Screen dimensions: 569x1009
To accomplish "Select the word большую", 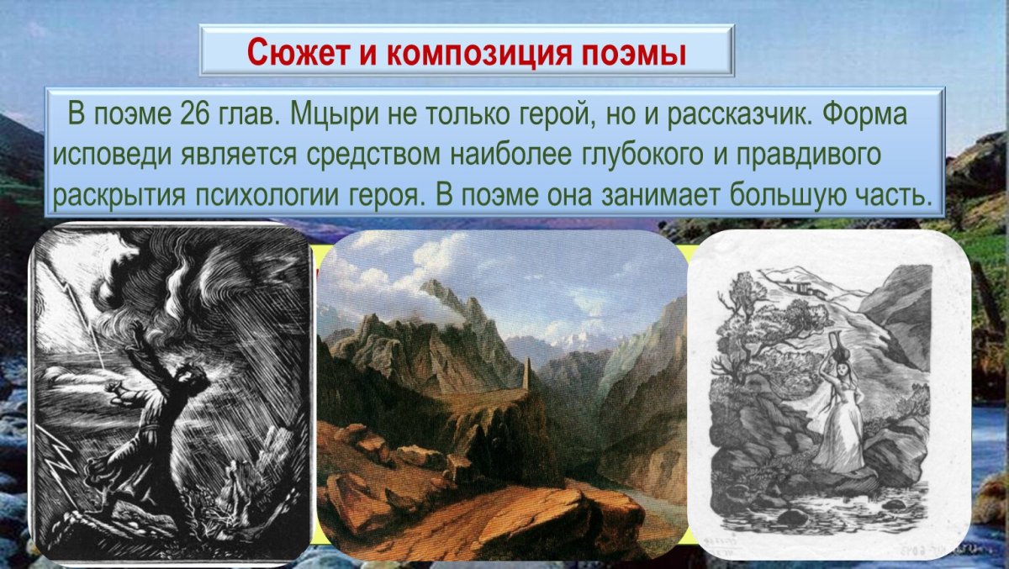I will [802, 194].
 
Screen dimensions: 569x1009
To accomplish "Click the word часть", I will [902, 194].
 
